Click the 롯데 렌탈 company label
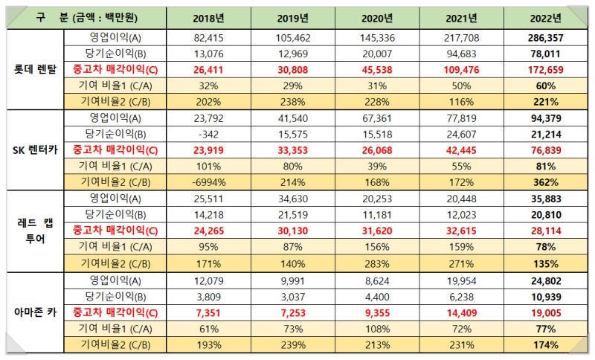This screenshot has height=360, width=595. tap(34, 68)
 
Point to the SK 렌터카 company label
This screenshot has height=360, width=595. tap(34, 149)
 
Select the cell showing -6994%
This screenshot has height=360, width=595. tap(208, 181)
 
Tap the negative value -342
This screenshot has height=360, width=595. tap(208, 133)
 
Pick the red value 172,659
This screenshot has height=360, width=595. tap(545, 68)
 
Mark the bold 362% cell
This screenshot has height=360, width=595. tap(545, 181)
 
